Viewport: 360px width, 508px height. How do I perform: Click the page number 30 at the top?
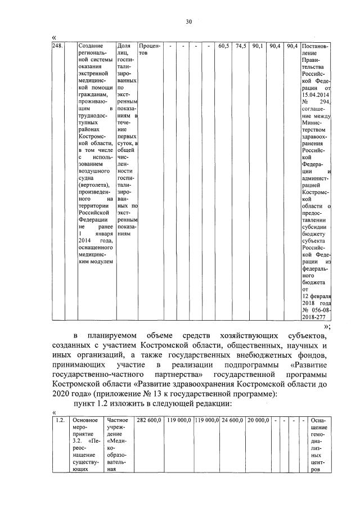(189, 22)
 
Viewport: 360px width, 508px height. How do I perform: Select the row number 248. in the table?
(57, 46)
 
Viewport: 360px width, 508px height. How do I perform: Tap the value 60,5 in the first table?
(223, 46)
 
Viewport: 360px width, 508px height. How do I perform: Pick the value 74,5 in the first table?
(240, 46)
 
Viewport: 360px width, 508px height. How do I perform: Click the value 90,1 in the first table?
(258, 46)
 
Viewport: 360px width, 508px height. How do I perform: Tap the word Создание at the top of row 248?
(92, 46)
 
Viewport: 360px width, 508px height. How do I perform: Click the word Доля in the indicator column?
(124, 46)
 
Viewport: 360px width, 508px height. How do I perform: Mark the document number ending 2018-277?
(316, 317)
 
